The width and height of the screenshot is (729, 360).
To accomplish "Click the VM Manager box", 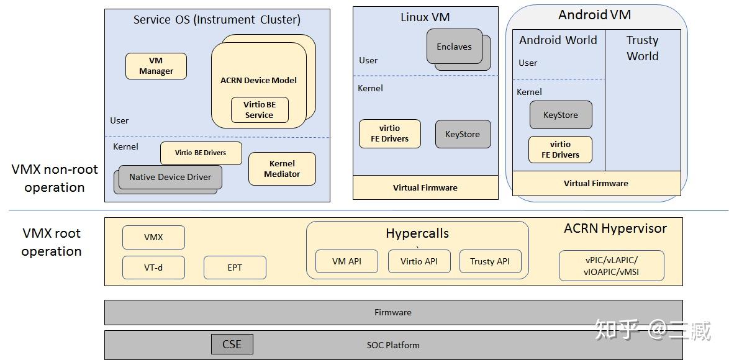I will point(156,66).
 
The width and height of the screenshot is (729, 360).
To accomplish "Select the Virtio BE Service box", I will point(259,110).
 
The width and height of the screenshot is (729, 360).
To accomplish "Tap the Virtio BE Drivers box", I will point(201,153).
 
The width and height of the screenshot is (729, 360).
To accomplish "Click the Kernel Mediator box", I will point(282,169).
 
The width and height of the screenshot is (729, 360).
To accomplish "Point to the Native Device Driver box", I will point(170,177).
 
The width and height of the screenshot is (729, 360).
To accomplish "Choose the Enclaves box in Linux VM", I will point(454,47).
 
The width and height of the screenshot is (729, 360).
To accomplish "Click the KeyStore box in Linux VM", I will point(462,134).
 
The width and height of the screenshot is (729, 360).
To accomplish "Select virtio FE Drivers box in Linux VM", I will point(389,133).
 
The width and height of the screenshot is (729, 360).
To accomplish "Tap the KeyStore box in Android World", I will point(560,115).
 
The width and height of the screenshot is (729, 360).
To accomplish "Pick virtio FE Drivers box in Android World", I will point(560,150).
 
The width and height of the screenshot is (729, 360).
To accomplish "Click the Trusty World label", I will point(642,48).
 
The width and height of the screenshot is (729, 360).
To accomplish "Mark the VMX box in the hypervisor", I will point(153,237).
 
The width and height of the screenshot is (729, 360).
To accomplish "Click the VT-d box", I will point(153,268).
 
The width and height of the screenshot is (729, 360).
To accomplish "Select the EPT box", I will point(235,268).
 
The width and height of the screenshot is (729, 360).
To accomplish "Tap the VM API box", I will point(346,261).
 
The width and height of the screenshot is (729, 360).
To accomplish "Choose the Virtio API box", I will point(419,261).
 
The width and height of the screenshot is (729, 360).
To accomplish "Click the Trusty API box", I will point(490,261).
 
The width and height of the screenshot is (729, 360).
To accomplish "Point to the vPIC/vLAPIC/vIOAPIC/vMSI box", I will point(611,266).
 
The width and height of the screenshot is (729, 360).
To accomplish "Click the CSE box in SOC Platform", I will point(232,344).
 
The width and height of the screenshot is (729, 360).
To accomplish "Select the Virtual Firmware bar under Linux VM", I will point(425,187).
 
